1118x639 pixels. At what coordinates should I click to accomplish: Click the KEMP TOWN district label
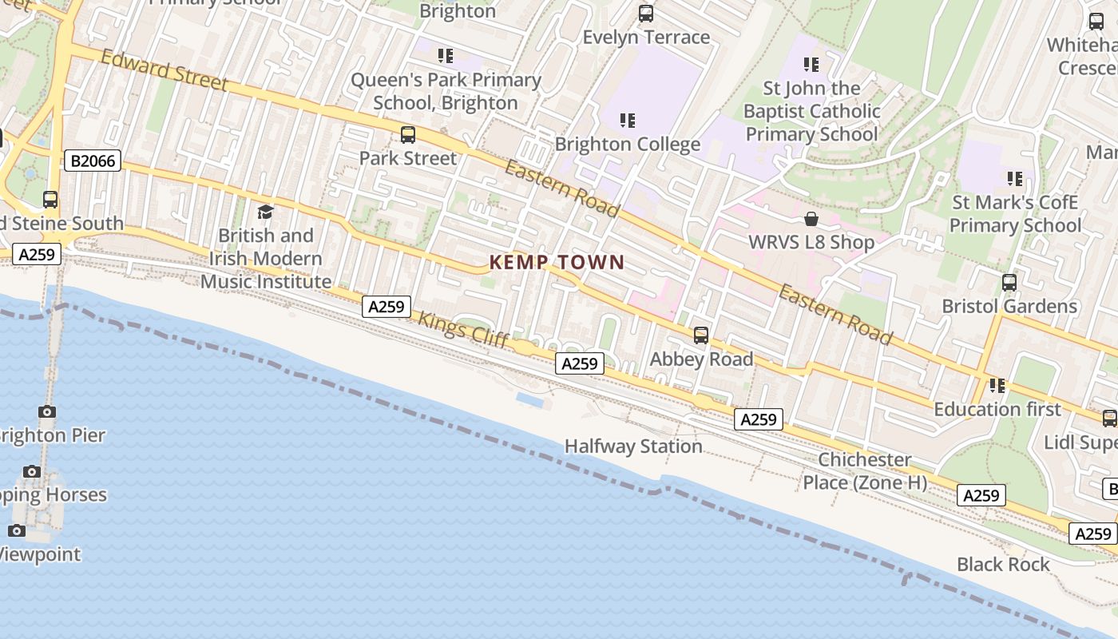557,262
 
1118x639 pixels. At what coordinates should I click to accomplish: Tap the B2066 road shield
93,161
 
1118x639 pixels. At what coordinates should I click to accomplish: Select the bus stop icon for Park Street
408,135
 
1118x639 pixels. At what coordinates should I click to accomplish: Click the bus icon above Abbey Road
701,335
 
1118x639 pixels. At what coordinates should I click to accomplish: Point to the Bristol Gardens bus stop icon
1009,283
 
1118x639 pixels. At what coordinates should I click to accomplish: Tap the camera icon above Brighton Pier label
47,412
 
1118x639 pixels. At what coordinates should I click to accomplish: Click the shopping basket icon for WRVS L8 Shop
811,219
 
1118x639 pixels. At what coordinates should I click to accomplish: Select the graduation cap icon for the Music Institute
265,212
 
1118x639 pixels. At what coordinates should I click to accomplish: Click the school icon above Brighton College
628,121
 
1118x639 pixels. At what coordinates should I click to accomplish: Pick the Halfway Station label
633,447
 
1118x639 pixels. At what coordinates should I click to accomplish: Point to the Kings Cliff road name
463,328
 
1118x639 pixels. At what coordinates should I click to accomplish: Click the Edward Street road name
165,70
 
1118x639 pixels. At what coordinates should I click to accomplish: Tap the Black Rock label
1003,565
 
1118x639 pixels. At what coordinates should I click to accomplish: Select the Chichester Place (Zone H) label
865,471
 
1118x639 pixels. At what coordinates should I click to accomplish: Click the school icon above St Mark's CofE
1015,179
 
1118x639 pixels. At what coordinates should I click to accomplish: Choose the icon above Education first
997,386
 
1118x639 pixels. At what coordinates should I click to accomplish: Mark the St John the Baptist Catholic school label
811,111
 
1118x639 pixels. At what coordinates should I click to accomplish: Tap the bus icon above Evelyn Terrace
646,14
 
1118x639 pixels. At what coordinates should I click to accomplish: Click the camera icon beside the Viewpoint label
17,530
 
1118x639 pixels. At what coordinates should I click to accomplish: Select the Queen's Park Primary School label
446,91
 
